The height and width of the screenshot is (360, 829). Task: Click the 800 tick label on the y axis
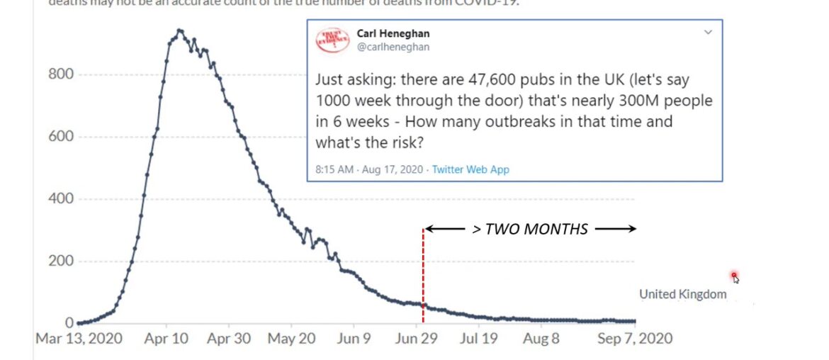61,74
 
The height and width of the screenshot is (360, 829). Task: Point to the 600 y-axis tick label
61,136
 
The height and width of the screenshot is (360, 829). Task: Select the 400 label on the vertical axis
61,198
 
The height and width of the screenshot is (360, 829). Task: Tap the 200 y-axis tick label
61,261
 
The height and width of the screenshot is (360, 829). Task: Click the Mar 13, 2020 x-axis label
79,339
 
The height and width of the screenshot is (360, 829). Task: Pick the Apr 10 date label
167,339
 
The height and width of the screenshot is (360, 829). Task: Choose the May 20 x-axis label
292,339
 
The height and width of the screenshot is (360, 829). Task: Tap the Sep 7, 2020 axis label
634,339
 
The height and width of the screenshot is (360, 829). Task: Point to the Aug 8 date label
542,339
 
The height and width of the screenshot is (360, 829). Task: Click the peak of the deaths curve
179,30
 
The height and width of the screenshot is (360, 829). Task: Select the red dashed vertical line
423,276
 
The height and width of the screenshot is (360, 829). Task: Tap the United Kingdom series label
682,294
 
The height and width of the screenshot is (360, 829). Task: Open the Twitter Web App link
470,169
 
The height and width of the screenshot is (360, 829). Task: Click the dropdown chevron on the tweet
707,33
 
